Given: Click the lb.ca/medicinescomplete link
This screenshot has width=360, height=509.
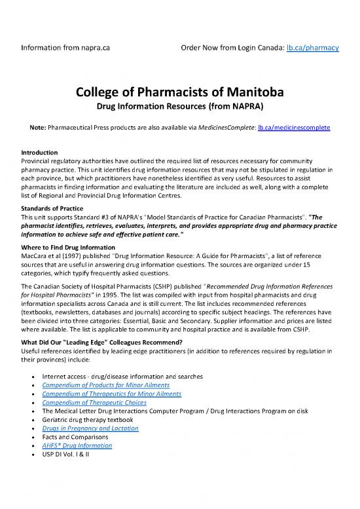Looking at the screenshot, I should [297, 130].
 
